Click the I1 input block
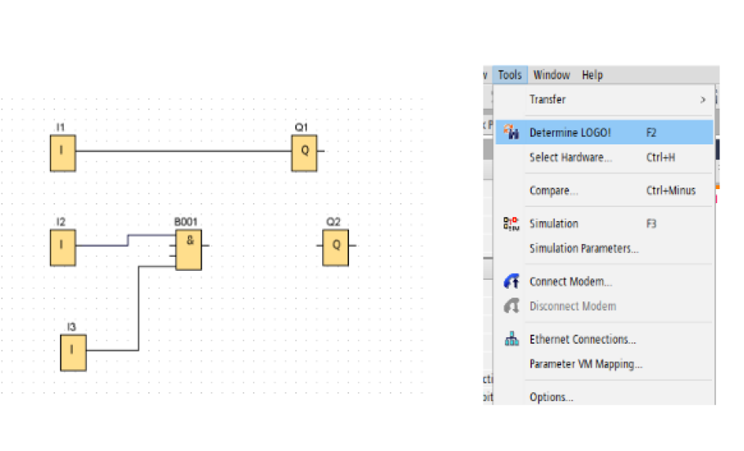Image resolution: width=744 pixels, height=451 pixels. tap(63, 153)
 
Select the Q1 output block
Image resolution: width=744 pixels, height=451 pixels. tap(304, 153)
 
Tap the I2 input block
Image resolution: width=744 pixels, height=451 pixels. tap(63, 247)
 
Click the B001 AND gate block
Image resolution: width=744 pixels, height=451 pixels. tap(189, 250)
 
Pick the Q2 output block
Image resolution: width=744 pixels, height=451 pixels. tap(336, 247)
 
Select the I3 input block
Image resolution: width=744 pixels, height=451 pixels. tap(74, 353)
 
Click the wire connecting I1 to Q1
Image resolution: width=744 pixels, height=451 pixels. tap(184, 151)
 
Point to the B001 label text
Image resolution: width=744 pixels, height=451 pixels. tap(185, 222)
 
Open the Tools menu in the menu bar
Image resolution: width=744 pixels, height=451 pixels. tap(510, 75)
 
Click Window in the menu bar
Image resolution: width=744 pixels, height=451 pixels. tap(551, 75)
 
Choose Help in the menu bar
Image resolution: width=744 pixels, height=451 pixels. tap(592, 75)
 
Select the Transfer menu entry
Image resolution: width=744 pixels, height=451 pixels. tap(548, 100)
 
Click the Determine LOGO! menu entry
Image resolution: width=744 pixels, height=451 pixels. tap(570, 132)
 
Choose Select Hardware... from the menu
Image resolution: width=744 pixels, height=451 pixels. tap(571, 157)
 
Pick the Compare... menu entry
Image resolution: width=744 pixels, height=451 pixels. tap(554, 191)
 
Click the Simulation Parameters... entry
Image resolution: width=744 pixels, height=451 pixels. tap(584, 249)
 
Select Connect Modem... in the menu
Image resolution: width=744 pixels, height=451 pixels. tap(571, 281)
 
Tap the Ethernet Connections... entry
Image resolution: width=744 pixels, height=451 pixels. tap(583, 339)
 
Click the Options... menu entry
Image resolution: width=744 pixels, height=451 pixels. tap(551, 397)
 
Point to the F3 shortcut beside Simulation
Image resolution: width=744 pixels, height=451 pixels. tap(651, 223)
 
